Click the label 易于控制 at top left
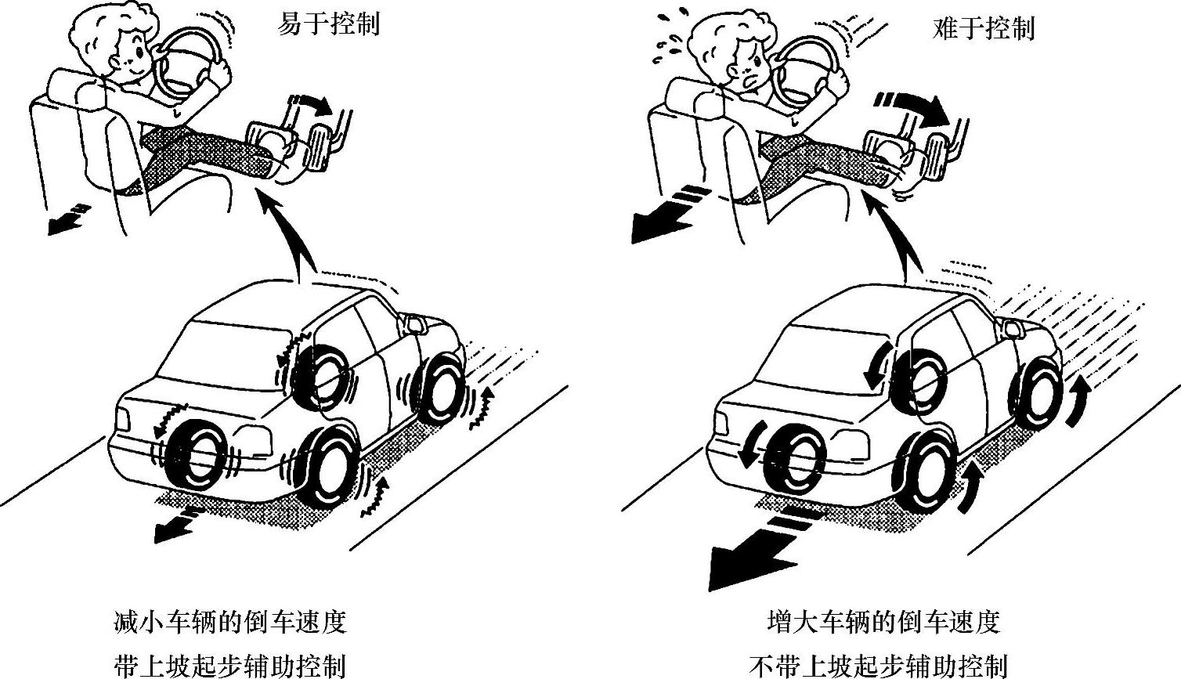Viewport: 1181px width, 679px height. pos(328,25)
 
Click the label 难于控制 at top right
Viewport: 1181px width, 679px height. pos(984,29)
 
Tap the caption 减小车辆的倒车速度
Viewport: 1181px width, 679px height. pos(229,623)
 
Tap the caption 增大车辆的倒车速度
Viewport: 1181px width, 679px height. pos(883,623)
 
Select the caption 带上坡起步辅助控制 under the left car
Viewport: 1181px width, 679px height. pos(229,666)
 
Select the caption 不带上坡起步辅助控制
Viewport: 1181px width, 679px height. pos(878,666)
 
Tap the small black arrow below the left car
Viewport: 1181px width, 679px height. pos(177,524)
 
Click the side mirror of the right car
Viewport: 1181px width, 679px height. pos(1010,327)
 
